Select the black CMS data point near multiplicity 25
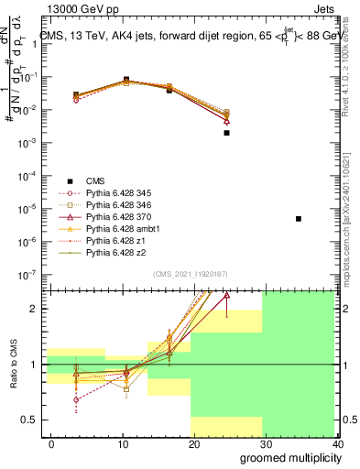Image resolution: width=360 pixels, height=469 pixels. (226, 133)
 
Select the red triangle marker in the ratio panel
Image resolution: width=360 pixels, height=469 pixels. (226, 296)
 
